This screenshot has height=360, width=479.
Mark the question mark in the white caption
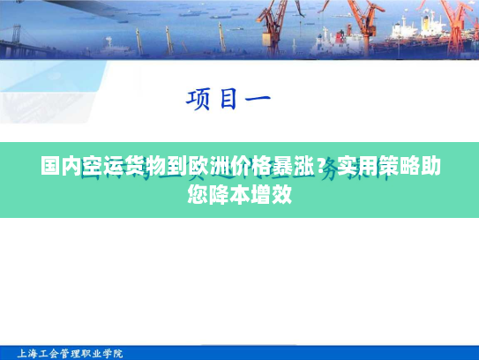click(x=328, y=166)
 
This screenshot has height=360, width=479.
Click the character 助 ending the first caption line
click(x=430, y=166)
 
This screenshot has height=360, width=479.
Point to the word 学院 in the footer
click(x=113, y=353)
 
